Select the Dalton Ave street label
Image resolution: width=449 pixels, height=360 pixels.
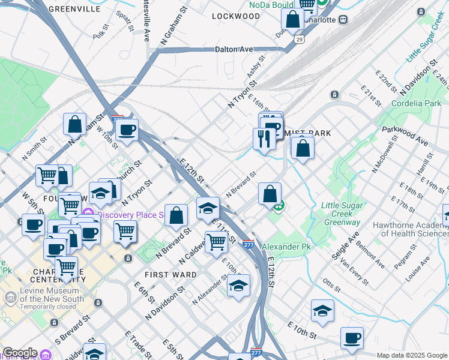(235, 49)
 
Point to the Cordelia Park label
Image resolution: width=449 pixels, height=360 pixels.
(415, 103)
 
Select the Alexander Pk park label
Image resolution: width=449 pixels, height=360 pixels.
(286, 247)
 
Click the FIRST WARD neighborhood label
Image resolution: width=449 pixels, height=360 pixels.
(170, 274)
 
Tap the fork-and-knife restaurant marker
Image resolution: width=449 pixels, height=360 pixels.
(264, 138)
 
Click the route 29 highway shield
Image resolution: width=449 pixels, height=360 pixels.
(299, 39)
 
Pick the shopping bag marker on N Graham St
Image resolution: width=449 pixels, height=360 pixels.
(74, 124)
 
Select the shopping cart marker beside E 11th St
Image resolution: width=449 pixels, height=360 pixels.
(216, 242)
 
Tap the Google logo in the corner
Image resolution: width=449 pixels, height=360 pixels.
(19, 353)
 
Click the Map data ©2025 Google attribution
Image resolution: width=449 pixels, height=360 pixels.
(412, 355)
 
